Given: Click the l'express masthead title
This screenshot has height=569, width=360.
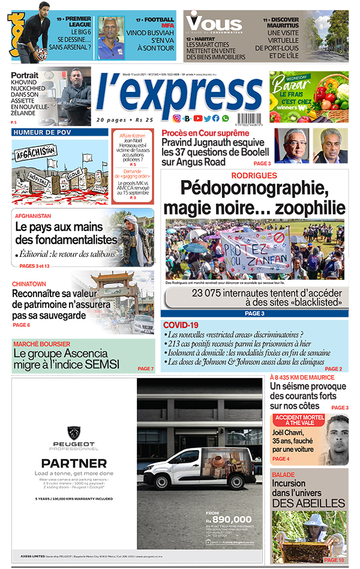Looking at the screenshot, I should (x=178, y=92).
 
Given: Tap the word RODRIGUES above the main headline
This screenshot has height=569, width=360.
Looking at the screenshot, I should (x=254, y=176).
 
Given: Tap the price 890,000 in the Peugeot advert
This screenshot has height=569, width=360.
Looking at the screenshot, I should (x=231, y=519).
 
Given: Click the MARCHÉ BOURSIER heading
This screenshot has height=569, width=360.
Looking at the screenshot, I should (x=40, y=345).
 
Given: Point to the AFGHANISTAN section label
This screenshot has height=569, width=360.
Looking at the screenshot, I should (x=34, y=215).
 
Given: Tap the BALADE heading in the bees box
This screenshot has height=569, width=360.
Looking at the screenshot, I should (x=283, y=475).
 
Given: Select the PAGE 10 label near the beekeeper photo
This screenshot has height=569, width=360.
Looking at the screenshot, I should (x=334, y=560).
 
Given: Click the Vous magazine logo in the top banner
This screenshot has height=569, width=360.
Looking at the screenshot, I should (x=214, y=24).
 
